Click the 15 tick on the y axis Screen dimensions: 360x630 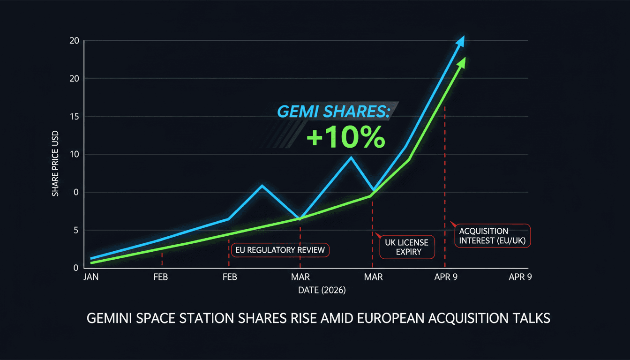coord(73,116)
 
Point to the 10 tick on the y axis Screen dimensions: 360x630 coord(73,154)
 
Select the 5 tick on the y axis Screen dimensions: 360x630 coord(75,230)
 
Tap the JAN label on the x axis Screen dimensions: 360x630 coord(91,277)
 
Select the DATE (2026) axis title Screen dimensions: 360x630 coord(322,291)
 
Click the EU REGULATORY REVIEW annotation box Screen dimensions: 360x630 coord(280,250)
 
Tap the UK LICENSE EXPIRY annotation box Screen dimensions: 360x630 coord(407,247)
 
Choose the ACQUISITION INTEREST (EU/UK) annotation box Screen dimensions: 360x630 coord(492,236)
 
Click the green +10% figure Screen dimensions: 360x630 coord(345,138)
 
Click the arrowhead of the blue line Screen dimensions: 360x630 coord(461,41)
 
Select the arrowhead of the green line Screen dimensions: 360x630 coord(462,63)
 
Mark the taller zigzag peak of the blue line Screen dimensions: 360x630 coord(351,157)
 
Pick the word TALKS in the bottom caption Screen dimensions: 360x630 coord(527,319)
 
